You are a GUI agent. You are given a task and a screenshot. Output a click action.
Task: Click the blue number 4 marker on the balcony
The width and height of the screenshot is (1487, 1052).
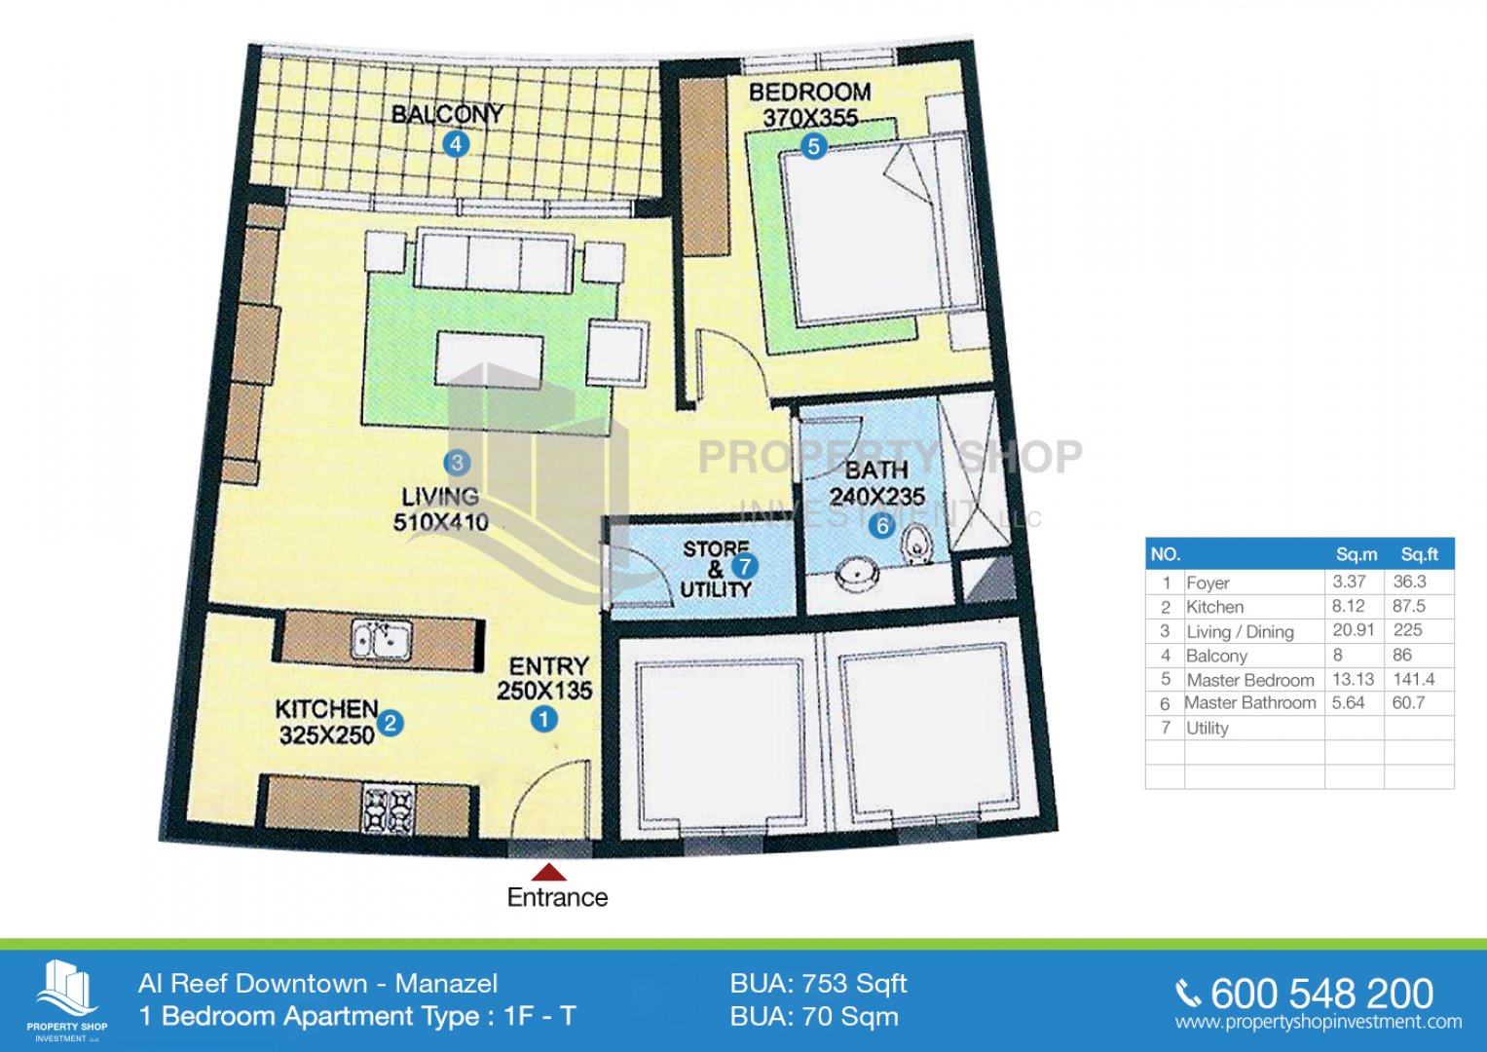[x=456, y=144]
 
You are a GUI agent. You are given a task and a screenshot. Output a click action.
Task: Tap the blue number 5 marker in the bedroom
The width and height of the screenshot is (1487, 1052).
[x=814, y=146]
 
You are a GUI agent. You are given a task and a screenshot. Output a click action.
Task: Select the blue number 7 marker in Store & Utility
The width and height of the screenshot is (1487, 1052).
[x=744, y=567]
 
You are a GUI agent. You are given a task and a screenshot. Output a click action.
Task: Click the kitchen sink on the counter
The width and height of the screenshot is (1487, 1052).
[x=381, y=640]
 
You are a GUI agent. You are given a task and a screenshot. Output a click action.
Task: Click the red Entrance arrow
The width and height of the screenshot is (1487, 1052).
[x=548, y=872]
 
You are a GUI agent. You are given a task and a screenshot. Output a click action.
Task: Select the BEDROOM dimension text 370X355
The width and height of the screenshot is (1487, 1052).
[x=810, y=118]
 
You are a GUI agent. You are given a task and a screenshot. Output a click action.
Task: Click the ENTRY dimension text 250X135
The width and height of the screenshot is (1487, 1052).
[x=544, y=692]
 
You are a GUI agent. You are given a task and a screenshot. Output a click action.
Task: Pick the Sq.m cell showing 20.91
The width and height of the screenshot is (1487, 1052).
[x=1353, y=629]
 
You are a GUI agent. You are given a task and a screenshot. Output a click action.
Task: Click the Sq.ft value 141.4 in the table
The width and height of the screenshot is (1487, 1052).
[x=1413, y=679]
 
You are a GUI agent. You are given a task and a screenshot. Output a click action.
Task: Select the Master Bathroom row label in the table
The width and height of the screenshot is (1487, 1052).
[x=1250, y=702]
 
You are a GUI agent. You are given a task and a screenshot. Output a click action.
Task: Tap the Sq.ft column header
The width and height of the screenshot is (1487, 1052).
[x=1419, y=554]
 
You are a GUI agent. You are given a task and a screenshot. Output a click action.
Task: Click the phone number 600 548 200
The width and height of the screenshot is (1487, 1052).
[x=1321, y=995]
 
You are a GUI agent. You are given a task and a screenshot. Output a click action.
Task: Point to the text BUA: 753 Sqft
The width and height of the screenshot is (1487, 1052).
[x=818, y=984]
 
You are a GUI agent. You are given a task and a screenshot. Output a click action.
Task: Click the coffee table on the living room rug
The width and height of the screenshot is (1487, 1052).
[x=490, y=358]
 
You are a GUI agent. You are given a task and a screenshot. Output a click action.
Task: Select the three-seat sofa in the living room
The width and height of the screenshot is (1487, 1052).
[x=496, y=260]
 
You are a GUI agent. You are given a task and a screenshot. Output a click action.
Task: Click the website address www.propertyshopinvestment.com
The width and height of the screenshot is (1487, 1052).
[x=1319, y=1022]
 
